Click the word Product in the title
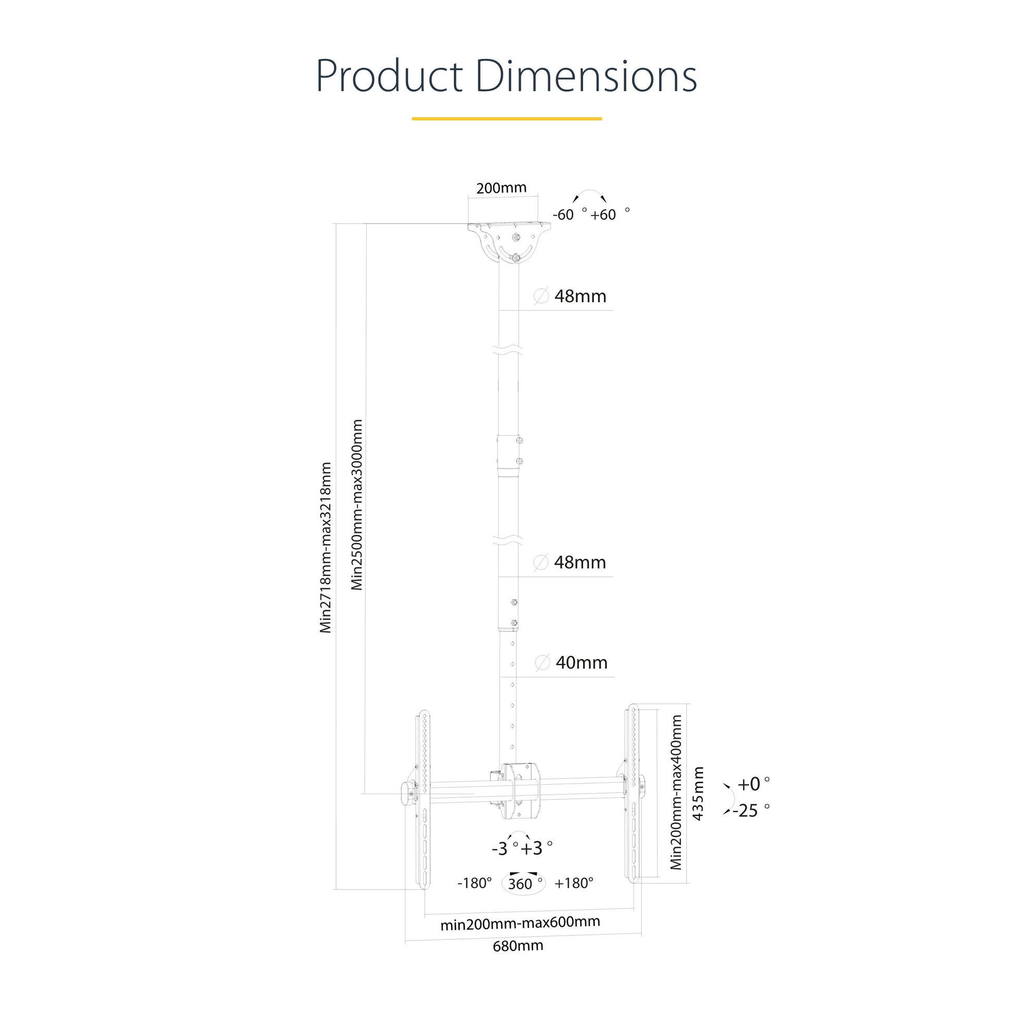tap(389, 76)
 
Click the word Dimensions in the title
tap(586, 76)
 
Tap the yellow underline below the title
tap(506, 119)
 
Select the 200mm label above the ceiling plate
tap(501, 188)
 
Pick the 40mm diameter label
tap(582, 663)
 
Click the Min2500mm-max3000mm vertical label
tap(357, 505)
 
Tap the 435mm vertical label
tap(698, 794)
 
